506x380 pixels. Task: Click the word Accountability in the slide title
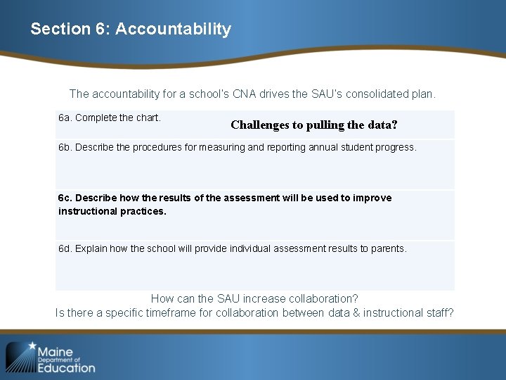(x=173, y=29)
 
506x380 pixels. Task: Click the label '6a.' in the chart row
(x=65, y=118)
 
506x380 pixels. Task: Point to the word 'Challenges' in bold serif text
(x=259, y=125)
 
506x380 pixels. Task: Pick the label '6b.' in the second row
(x=65, y=148)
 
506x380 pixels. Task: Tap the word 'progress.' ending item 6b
(x=396, y=148)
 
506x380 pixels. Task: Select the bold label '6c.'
(x=65, y=198)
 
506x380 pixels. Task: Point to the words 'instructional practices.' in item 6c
(x=112, y=211)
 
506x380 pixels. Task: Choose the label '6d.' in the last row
(x=65, y=248)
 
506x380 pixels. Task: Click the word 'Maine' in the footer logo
(x=56, y=351)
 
